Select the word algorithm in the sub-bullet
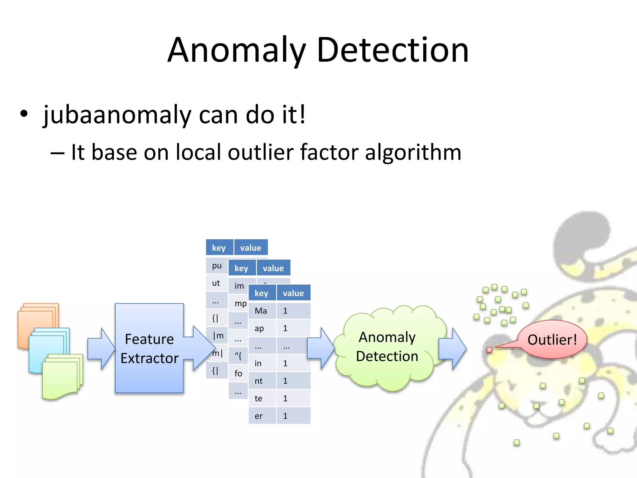tap(413, 152)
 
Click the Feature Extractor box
tap(149, 349)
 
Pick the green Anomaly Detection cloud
tap(387, 347)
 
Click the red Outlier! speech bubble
tap(552, 340)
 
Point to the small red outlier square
tap(489, 350)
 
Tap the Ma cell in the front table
tap(261, 311)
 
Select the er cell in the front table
tap(259, 416)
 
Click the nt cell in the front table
tap(259, 381)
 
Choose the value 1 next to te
tap(286, 399)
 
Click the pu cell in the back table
tap(217, 266)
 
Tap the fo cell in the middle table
tap(238, 373)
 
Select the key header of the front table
tap(262, 293)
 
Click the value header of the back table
tap(251, 248)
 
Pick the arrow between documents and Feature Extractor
tap(101, 349)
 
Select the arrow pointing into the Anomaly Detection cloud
tap(320, 349)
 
